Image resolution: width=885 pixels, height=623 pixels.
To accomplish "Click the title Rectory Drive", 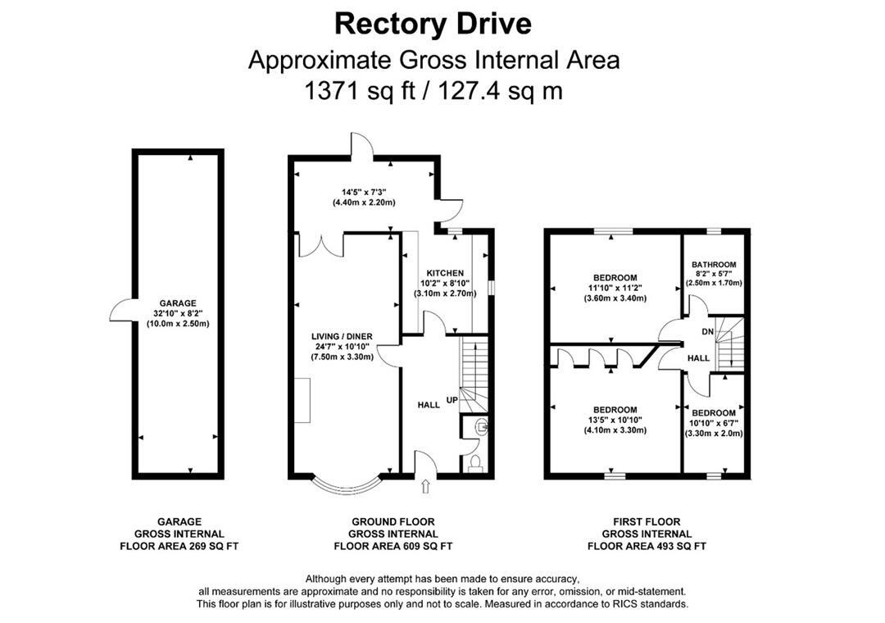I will (x=433, y=24).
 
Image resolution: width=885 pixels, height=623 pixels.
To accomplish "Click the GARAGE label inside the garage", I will (x=178, y=302).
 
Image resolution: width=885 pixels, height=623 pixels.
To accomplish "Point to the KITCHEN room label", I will (x=444, y=273).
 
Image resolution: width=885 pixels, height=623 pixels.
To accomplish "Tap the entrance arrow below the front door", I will (x=424, y=488).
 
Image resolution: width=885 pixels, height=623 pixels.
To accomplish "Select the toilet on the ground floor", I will (x=474, y=463).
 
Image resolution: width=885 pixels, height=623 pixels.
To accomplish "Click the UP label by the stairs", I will (x=452, y=401).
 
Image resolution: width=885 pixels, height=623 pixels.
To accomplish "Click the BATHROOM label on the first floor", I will (x=714, y=265).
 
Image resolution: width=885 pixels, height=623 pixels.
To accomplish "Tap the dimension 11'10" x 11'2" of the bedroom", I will (x=615, y=288).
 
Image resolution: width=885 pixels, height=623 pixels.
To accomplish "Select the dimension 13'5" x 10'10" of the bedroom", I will (x=615, y=420).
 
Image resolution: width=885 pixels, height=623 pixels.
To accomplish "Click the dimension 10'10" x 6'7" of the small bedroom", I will (x=714, y=423).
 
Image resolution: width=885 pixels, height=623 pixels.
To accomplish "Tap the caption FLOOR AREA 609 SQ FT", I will (x=393, y=546).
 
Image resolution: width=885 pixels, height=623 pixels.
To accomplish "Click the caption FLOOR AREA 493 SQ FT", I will (x=647, y=546).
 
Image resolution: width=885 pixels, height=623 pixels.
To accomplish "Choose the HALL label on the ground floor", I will (x=429, y=404).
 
